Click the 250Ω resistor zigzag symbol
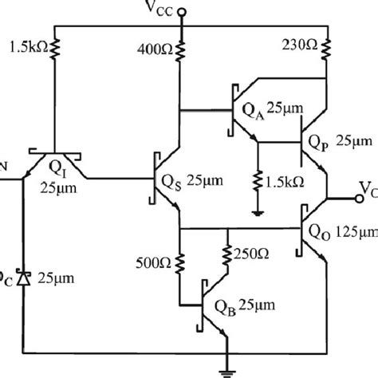pyautogui.click(x=228, y=254)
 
